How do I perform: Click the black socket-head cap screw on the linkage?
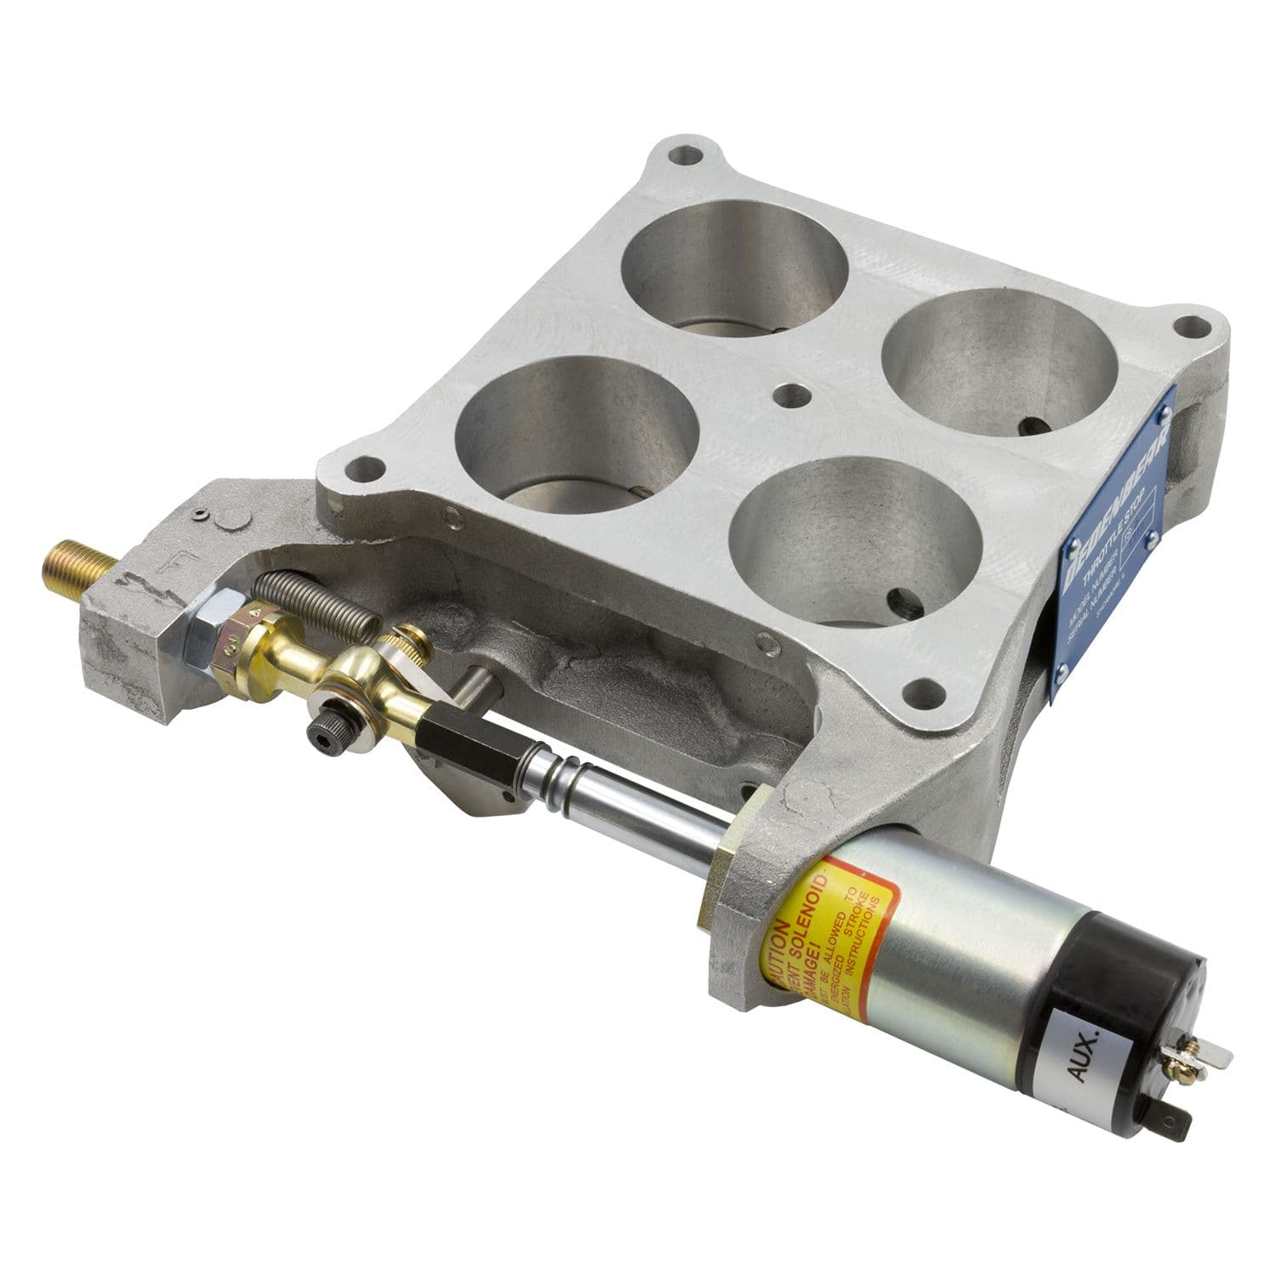[324, 729]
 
